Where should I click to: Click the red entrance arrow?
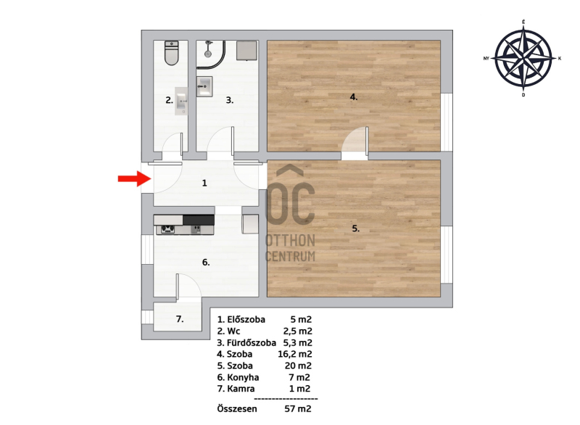135,178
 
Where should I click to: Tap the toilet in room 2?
171,53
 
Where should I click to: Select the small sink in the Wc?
181,101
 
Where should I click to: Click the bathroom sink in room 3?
204,86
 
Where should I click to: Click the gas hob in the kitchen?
167,229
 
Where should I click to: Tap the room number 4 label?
354,97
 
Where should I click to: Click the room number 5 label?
355,228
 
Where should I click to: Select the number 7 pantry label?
180,319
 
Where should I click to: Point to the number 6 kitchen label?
206,263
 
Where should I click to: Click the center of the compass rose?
523,59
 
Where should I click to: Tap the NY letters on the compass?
486,59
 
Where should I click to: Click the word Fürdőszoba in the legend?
252,343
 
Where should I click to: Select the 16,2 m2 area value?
295,354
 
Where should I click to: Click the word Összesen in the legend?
237,409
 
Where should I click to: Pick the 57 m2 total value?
298,409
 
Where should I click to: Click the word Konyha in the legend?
243,377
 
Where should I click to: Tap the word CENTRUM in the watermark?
291,256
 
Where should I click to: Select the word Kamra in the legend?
241,389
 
